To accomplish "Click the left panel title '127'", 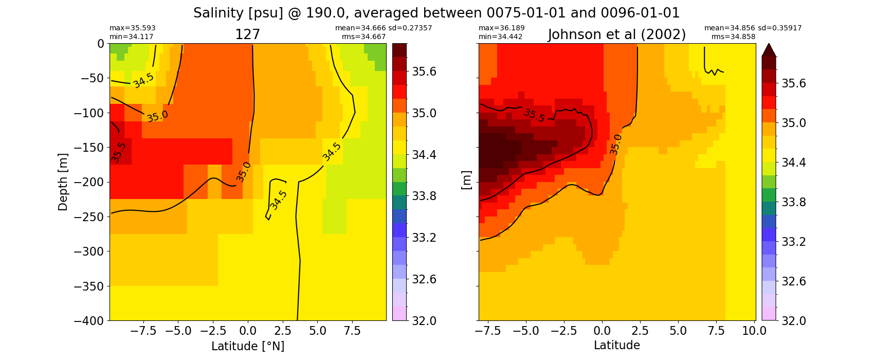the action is pos(247,34).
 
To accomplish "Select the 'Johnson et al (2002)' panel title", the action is pos(616,34).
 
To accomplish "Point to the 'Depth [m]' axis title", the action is pos(62,182).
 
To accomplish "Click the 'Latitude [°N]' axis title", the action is pos(248,346).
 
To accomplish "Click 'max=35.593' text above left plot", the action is pos(132,28).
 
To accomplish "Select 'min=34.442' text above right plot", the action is pos(501,37).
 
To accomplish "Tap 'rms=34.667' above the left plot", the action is pos(363,37).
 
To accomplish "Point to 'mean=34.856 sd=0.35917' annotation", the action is pos(753,28).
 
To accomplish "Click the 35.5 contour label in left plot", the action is pos(118,152).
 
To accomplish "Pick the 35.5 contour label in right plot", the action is pos(534,115).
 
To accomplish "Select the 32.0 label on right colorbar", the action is pos(793,320).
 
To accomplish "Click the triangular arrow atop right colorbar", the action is pos(769,50).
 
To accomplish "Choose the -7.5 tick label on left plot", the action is pos(143,331).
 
